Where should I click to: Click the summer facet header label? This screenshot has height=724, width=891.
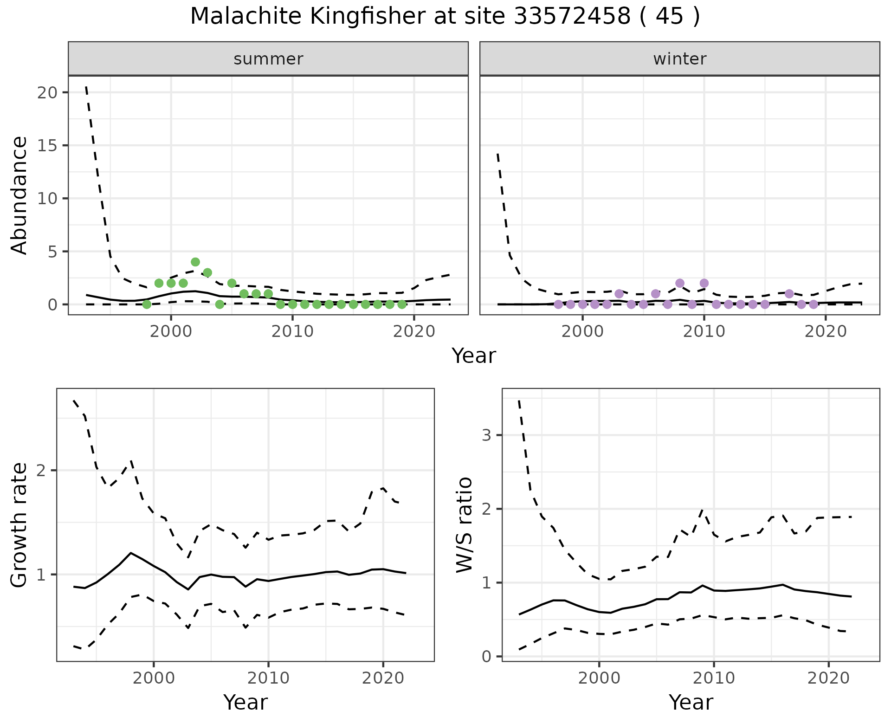pyautogui.click(x=268, y=59)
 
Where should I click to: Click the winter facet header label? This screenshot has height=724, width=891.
pyautogui.click(x=679, y=59)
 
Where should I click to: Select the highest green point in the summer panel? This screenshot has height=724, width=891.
pyautogui.click(x=195, y=262)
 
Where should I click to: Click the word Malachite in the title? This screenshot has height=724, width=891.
pyautogui.click(x=246, y=17)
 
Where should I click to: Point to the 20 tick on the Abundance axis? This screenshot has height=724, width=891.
pyautogui.click(x=48, y=92)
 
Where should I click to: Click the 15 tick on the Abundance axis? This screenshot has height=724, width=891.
pyautogui.click(x=48, y=146)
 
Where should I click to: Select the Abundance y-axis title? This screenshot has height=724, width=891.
pyautogui.click(x=19, y=195)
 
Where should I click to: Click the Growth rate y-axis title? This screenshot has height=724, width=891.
pyautogui.click(x=19, y=525)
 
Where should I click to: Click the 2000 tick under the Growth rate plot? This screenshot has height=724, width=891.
pyautogui.click(x=154, y=678)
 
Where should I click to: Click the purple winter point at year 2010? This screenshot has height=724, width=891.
pyautogui.click(x=704, y=283)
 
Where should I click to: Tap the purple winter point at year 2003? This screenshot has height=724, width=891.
pyautogui.click(x=619, y=294)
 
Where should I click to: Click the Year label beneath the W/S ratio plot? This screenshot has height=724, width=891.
pyautogui.click(x=691, y=702)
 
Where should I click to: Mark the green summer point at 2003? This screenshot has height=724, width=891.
pyautogui.click(x=207, y=272)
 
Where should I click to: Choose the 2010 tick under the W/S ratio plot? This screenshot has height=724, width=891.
pyautogui.click(x=714, y=678)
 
